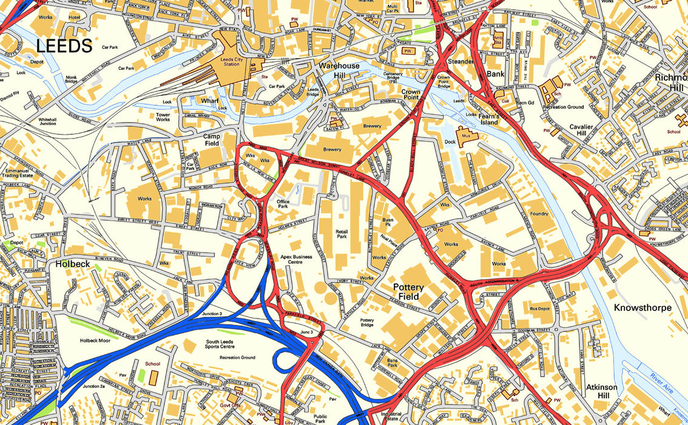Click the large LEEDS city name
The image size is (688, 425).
(x=64, y=46)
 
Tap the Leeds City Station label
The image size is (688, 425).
(x=231, y=61)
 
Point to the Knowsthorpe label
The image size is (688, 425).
(x=642, y=308)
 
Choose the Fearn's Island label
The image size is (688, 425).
(x=489, y=119)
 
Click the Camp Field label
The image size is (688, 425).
(x=211, y=140)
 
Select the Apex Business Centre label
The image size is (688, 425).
(x=296, y=260)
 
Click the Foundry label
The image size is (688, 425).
(x=539, y=214)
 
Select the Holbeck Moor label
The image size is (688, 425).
(x=95, y=341)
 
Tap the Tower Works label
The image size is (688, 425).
(x=163, y=117)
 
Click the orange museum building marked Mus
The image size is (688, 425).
(x=467, y=137)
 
